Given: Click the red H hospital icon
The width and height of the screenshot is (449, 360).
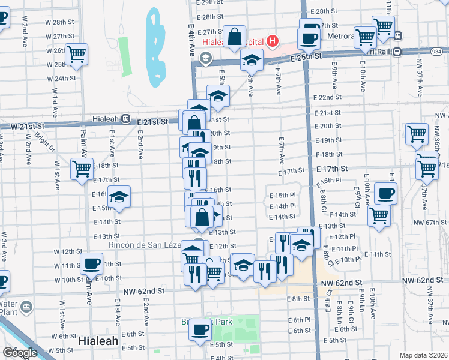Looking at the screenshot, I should click(273, 41).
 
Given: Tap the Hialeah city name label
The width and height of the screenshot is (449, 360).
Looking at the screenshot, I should click(98, 340).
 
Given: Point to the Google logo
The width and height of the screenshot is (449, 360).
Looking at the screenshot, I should click(20, 353).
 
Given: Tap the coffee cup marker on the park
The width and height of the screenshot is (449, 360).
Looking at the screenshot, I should click(200, 329).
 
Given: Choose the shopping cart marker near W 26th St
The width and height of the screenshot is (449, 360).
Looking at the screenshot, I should click(76, 54).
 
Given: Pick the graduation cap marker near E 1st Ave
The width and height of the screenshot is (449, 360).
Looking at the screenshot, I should click(119, 197).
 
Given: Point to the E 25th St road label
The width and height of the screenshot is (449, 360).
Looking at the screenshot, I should click(306, 56).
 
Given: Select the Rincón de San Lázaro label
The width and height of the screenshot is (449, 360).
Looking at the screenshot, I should click(142, 245).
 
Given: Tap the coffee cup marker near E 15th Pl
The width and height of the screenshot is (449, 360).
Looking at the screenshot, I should click(385, 193).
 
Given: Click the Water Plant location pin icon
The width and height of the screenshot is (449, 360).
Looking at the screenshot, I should click(26, 308).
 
